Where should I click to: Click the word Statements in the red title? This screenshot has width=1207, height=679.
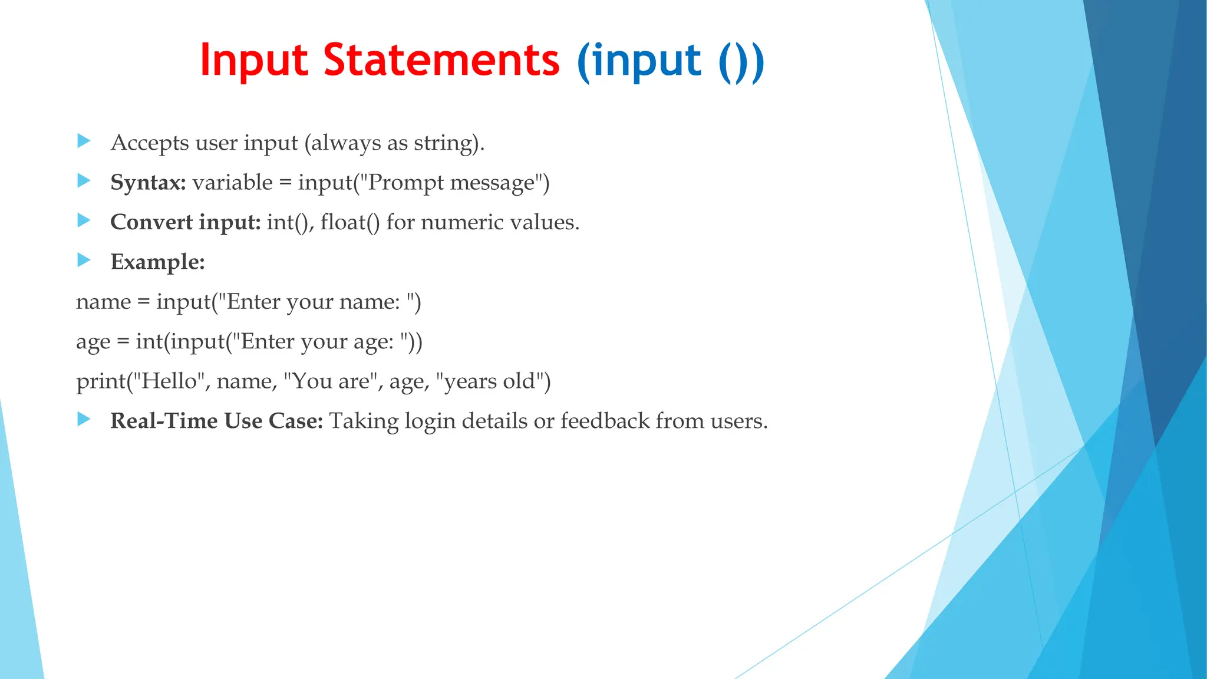point(441,60)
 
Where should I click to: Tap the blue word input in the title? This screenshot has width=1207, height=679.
point(647,61)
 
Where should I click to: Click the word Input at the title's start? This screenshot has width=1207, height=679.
point(254,61)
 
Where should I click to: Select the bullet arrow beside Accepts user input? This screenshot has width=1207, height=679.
point(84,141)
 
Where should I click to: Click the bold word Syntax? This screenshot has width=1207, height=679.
point(148,183)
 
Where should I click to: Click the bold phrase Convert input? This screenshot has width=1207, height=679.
point(185,222)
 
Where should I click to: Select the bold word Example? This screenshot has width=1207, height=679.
point(157,262)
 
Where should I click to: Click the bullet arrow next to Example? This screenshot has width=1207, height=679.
point(84,260)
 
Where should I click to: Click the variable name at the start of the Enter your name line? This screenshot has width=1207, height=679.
point(103,302)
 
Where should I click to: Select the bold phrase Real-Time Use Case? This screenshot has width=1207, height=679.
point(216,421)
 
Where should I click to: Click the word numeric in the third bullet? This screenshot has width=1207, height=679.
point(463,222)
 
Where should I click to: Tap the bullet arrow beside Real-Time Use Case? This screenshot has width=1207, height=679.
point(84,419)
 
